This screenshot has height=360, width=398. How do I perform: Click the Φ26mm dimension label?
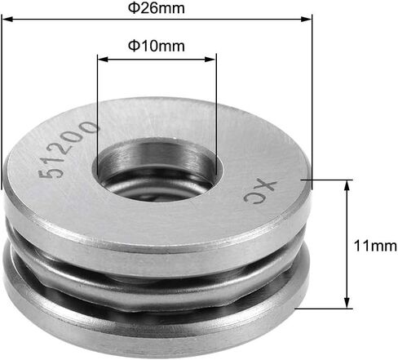(157, 8)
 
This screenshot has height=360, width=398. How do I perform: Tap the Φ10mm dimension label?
(157, 46)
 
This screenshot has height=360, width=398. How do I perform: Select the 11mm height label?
(375, 246)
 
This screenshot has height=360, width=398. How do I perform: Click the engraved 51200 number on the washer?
(68, 149)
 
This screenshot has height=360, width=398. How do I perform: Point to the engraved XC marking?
(260, 192)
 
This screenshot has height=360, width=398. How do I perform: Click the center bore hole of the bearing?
(157, 170)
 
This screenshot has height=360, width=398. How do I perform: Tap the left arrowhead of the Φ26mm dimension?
(7, 19)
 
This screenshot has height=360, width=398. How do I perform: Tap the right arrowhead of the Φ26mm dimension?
(306, 19)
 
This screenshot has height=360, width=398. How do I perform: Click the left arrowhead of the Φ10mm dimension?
(103, 59)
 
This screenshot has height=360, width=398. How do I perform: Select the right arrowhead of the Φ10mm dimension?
(210, 59)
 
